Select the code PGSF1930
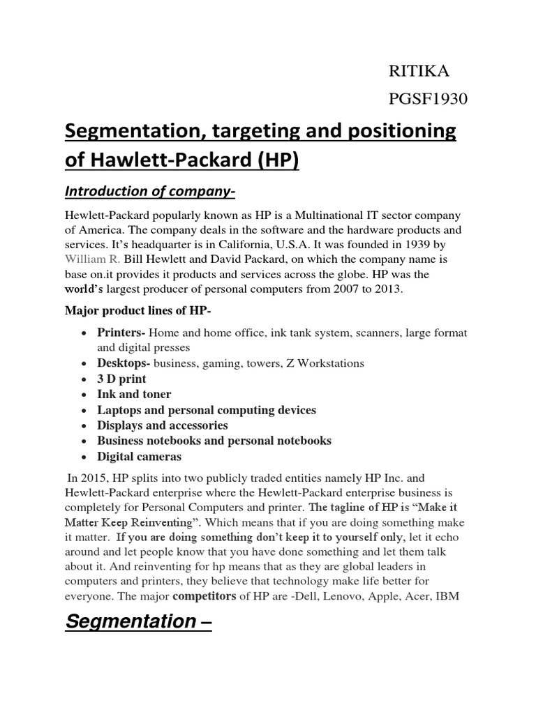(427, 101)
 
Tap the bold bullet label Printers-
(121, 333)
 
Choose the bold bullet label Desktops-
(124, 363)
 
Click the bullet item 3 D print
(121, 379)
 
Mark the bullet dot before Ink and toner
(84, 395)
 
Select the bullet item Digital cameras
(139, 457)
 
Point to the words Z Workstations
(324, 363)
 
